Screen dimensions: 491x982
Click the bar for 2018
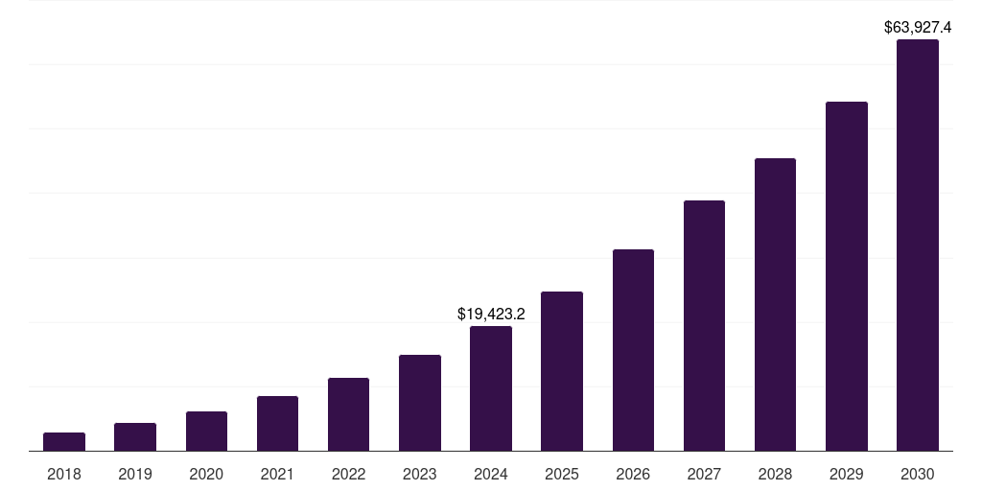click(x=64, y=442)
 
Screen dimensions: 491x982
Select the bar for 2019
click(x=135, y=437)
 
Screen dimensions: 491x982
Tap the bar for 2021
click(x=277, y=424)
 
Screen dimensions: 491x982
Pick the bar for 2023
click(x=420, y=403)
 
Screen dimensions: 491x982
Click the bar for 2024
click(x=491, y=388)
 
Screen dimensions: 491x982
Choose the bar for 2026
click(x=633, y=350)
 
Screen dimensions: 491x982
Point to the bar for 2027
click(x=704, y=326)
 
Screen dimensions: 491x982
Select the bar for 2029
click(x=847, y=276)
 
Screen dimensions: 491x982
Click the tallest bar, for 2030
click(x=918, y=245)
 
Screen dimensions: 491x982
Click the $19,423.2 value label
click(x=491, y=314)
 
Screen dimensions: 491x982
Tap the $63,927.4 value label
click(x=918, y=28)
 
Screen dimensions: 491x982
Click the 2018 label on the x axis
click(x=64, y=474)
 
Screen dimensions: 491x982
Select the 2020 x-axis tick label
click(x=206, y=474)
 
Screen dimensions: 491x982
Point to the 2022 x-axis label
click(x=348, y=474)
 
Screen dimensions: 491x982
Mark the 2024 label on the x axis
click(x=491, y=474)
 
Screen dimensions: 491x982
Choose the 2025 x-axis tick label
click(x=562, y=474)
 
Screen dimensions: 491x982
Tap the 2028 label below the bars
click(x=775, y=474)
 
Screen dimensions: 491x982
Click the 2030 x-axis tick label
click(x=918, y=474)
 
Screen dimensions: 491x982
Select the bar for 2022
click(x=348, y=414)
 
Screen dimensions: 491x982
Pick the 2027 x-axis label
click(x=704, y=474)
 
